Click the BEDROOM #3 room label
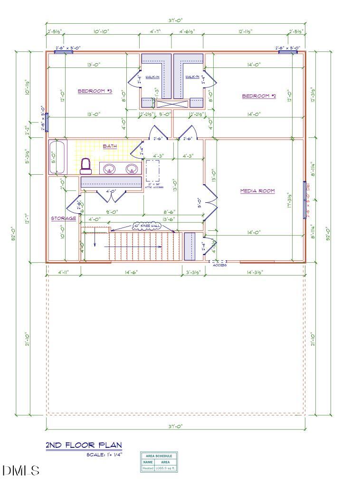pos(95,91)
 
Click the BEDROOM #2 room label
pos(259,96)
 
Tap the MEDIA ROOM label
pos(257,191)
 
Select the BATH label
pos(110,146)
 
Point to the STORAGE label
pos(64,218)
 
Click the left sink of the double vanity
pos(110,169)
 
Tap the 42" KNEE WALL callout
pos(147,226)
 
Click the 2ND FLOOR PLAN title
pos(84,446)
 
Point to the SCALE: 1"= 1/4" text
pos(104,455)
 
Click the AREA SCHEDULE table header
pos(159,456)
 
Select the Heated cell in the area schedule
pos(148,468)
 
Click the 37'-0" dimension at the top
pos(176,20)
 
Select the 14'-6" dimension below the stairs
pos(131,272)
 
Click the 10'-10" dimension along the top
pos(101,31)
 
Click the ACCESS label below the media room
pos(219,265)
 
